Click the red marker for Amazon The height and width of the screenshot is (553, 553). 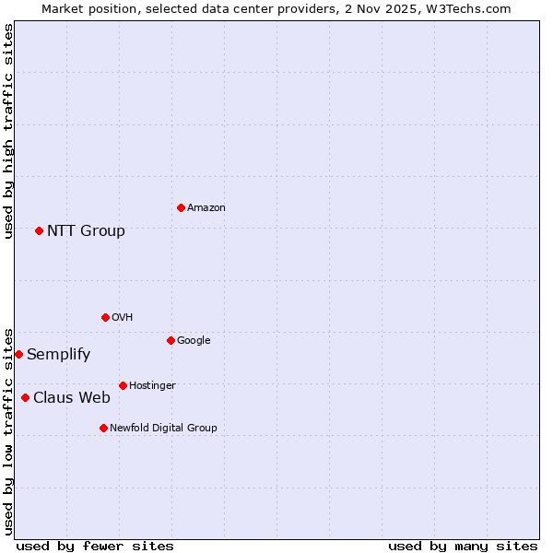point(181,207)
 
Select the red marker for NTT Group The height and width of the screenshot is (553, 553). point(39,230)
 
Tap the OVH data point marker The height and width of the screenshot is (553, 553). point(105,317)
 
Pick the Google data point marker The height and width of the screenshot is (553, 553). point(171,340)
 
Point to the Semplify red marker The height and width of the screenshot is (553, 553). point(18,354)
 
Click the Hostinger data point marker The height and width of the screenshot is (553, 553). point(123,385)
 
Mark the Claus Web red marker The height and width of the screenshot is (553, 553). point(25,397)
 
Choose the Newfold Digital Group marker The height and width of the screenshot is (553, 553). point(103,428)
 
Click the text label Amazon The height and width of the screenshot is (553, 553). point(206,208)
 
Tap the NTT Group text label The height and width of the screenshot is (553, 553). point(86,230)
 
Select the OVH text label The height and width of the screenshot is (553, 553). point(123,318)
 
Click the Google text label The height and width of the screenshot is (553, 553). point(194,341)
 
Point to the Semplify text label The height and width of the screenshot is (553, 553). point(58,355)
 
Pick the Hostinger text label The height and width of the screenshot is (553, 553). point(152,386)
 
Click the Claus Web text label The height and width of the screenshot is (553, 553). point(72,398)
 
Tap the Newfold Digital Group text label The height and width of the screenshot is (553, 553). point(163,428)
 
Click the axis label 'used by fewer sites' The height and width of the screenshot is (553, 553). point(95,546)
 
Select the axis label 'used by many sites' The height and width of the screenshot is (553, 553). point(463,546)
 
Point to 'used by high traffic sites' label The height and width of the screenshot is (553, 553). point(8,131)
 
